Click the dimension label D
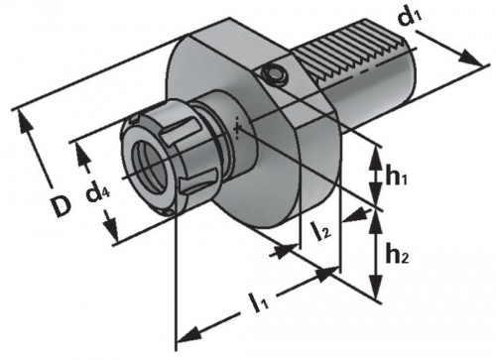click(x=62, y=206)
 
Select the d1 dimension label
click(x=411, y=17)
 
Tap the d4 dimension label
click(x=97, y=193)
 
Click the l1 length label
click(x=260, y=302)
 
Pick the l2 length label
click(x=320, y=231)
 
